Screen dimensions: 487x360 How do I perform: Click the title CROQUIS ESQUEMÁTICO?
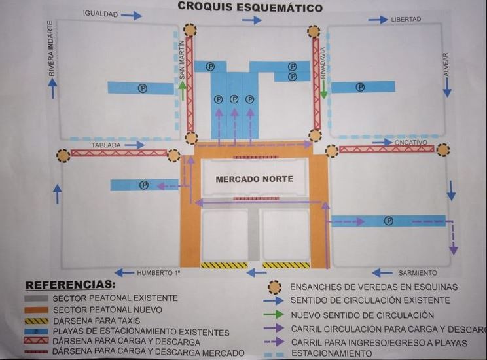tap(250, 8)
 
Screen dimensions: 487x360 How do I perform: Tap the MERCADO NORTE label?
tap(254, 179)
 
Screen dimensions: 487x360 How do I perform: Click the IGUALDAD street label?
tap(100, 14)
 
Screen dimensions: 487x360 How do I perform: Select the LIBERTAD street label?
tap(406, 20)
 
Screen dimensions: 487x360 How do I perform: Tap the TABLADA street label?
tap(106, 145)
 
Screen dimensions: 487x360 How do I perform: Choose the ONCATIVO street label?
tap(411, 142)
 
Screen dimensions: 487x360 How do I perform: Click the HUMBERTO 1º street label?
tap(158, 272)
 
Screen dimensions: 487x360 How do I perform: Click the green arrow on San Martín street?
tap(183, 90)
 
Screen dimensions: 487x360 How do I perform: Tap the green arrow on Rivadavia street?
tap(323, 88)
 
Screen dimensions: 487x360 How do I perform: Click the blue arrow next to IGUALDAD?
tap(132, 15)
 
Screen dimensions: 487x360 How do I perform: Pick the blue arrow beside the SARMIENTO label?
tap(382, 272)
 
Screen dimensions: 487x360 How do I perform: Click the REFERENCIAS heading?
tap(69, 285)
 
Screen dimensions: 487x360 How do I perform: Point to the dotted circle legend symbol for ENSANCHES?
tap(274, 287)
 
